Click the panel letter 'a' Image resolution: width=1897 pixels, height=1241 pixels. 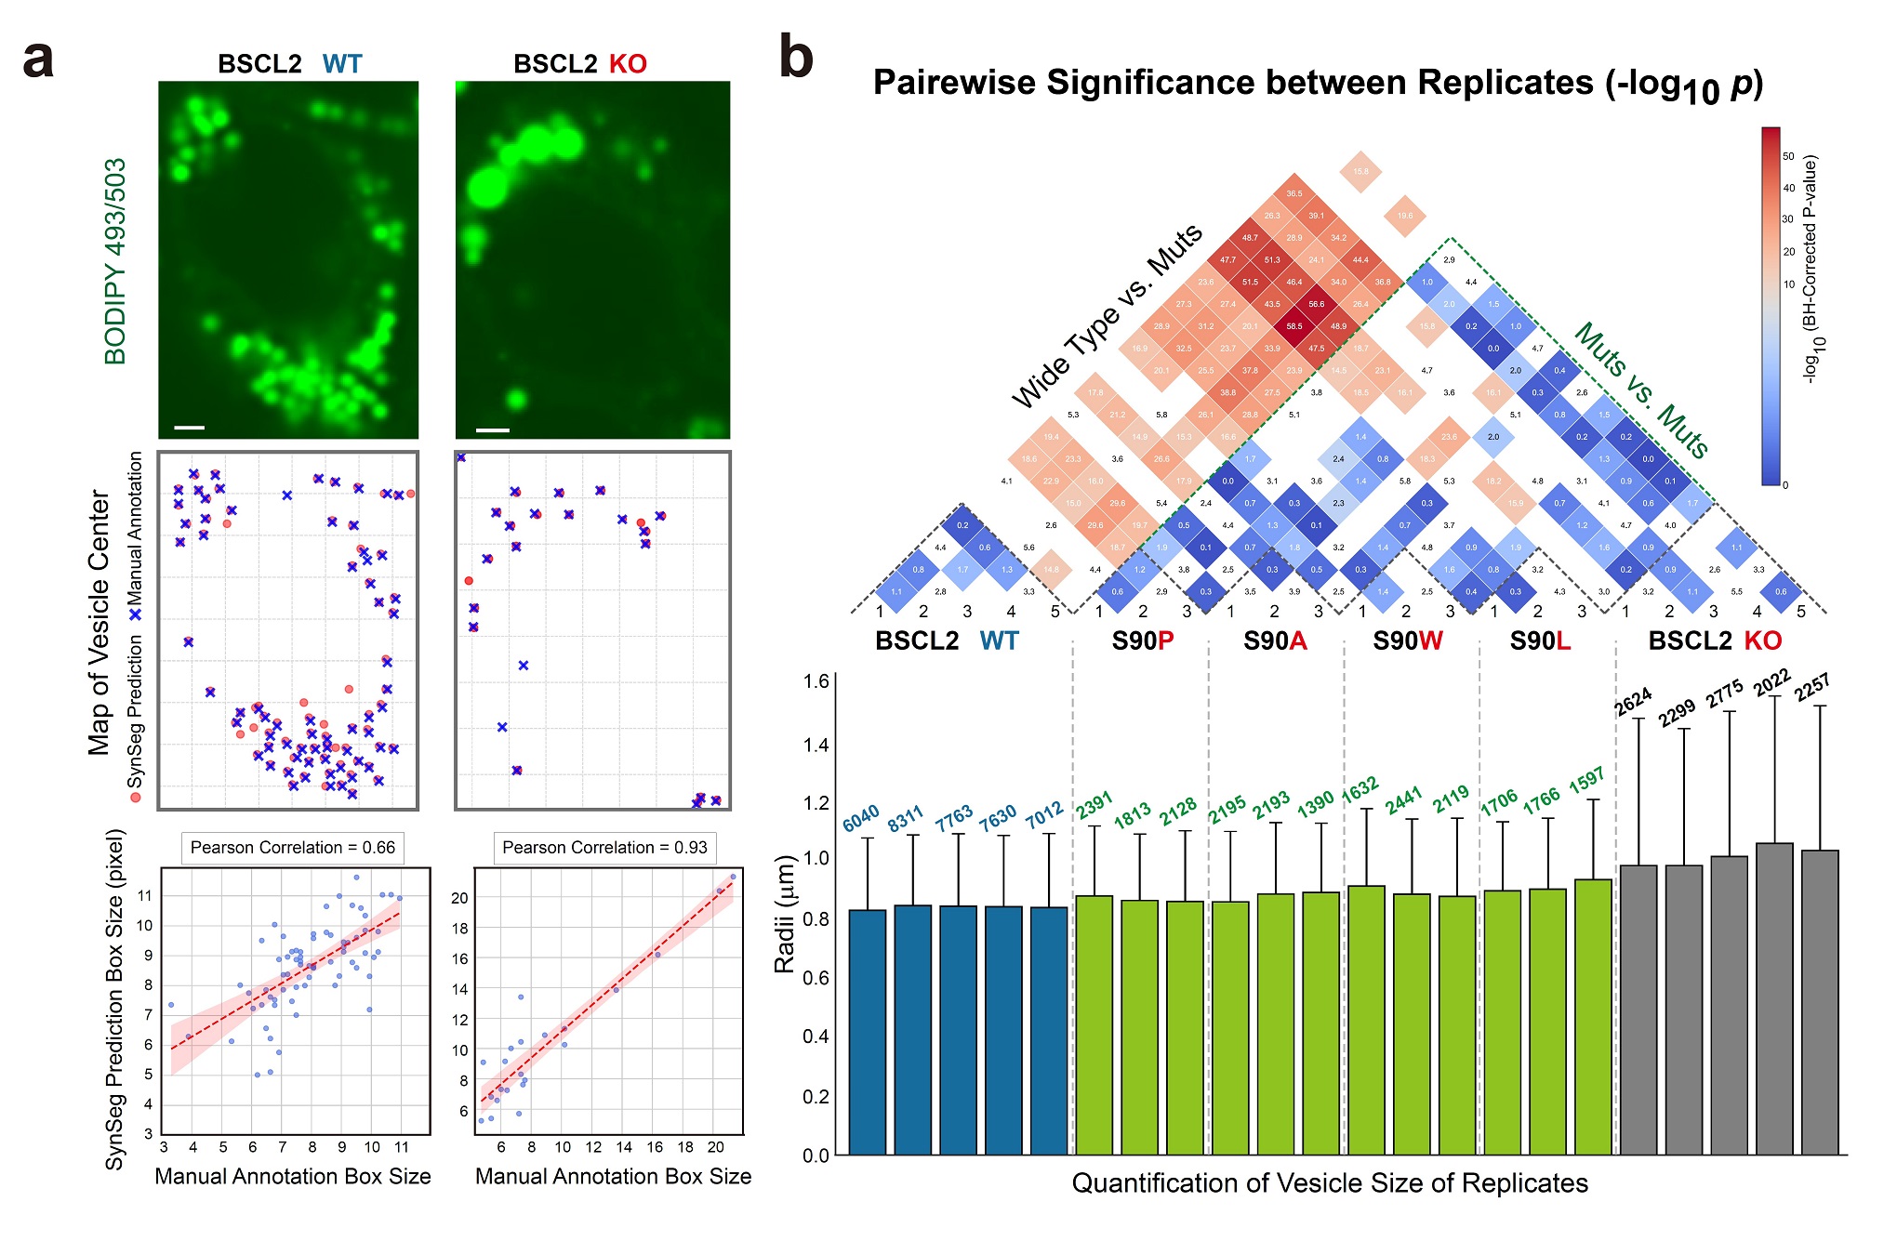point(38,60)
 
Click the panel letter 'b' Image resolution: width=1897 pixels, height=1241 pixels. point(796,58)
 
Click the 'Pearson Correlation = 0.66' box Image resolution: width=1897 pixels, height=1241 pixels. point(292,848)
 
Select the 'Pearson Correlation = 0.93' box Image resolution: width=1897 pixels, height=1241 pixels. point(604,848)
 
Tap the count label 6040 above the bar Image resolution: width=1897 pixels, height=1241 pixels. point(861,818)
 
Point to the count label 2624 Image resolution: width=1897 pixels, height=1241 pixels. point(1633,702)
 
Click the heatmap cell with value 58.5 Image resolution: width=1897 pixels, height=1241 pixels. point(1294,326)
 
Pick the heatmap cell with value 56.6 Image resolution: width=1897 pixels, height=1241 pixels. point(1317,304)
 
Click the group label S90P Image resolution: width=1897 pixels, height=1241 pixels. point(1143,641)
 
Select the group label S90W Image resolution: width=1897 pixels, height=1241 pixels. point(1408,641)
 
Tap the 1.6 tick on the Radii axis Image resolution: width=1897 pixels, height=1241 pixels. point(816,681)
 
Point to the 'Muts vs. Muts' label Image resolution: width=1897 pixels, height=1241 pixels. point(1641,390)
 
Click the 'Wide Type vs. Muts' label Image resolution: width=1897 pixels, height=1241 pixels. point(1107,316)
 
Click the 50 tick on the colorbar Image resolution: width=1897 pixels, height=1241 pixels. point(1788,156)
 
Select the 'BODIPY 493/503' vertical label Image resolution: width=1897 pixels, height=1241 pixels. point(115,261)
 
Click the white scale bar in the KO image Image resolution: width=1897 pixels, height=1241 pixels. point(493,430)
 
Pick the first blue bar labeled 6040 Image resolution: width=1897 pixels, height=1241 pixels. point(868,1032)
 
